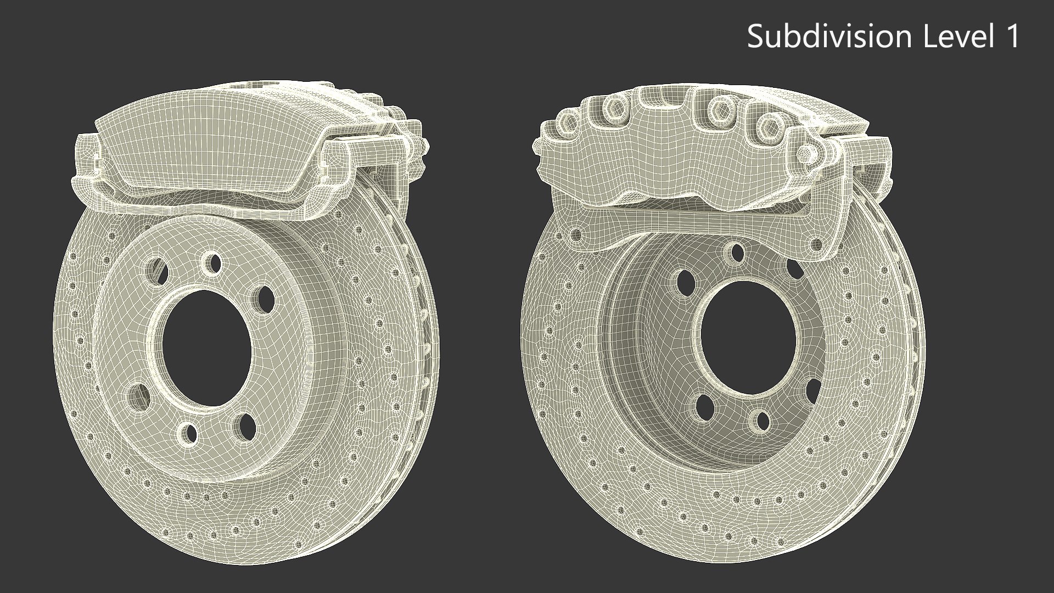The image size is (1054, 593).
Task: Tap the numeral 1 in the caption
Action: coord(1011,36)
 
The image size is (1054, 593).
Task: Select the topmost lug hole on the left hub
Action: coord(210,262)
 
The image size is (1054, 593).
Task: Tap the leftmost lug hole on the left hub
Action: coord(138,395)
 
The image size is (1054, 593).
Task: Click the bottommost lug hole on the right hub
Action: coord(762,421)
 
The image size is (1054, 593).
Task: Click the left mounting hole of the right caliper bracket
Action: coord(575,236)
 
